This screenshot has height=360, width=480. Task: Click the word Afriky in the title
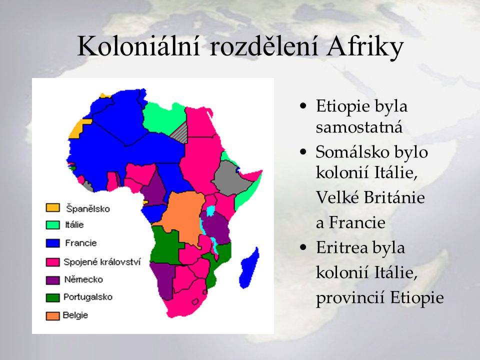point(364,47)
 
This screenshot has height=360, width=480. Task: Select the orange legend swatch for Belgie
point(52,316)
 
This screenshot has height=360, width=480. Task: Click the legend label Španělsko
point(88,208)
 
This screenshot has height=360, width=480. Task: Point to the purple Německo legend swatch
point(52,280)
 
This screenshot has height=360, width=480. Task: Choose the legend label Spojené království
point(102,262)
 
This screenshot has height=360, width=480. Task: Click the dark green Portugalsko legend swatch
point(52,298)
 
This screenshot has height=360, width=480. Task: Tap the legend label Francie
point(81,243)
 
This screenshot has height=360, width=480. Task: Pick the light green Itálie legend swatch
point(52,225)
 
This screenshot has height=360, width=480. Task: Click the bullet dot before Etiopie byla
point(303,106)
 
